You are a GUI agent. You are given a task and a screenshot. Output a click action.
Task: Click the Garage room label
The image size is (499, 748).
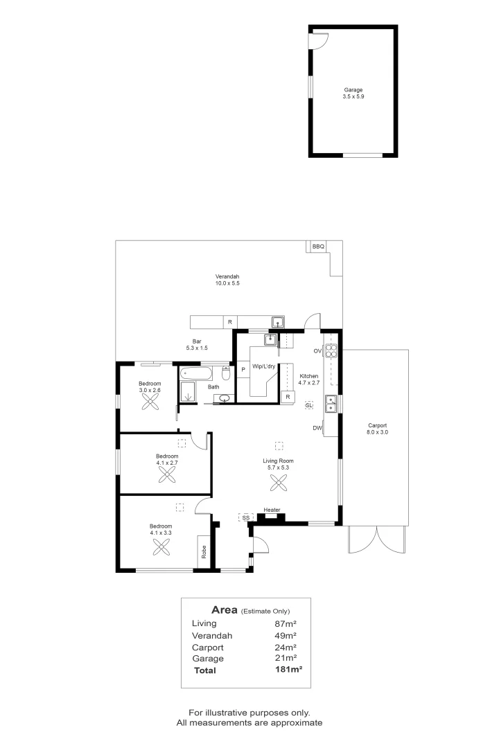[353, 89]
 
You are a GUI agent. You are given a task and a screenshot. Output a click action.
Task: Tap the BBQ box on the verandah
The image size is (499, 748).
[318, 247]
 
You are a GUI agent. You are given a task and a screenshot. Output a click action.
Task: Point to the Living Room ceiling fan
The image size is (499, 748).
[279, 483]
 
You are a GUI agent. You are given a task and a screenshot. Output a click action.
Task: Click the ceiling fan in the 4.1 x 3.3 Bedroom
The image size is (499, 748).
[161, 547]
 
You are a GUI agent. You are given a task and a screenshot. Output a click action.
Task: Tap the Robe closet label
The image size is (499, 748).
[204, 552]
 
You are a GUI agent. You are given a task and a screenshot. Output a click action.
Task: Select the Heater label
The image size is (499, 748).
[272, 511]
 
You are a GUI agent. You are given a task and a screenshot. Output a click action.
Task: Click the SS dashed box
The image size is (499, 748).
[245, 517]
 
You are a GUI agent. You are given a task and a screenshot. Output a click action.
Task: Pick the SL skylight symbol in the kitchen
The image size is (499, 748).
[308, 404]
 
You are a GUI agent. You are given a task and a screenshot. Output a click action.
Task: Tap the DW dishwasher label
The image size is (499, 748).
[317, 428]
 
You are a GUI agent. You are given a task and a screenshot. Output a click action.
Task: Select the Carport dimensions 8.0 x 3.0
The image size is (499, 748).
[378, 432]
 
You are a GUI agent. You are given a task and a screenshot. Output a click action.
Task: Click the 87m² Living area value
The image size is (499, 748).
[286, 623]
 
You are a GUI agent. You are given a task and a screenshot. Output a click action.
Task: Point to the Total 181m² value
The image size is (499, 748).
[289, 670]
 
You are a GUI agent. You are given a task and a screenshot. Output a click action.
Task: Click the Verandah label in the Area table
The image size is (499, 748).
[212, 635]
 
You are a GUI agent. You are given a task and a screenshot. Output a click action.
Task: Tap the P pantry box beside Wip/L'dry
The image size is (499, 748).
[243, 370]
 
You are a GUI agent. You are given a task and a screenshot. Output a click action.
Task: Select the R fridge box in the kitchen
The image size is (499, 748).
[287, 397]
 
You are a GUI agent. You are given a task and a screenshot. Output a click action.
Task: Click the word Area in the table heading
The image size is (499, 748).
[225, 609]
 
